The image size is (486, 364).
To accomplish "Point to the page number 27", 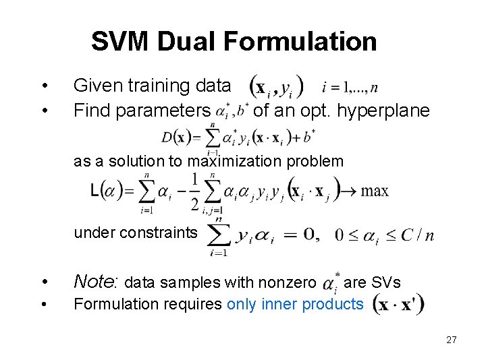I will [x=451, y=340].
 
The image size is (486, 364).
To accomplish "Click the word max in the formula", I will [x=375, y=191].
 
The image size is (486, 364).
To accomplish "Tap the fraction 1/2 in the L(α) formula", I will [x=195, y=191].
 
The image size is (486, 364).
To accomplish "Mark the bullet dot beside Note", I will [x=44, y=281].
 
